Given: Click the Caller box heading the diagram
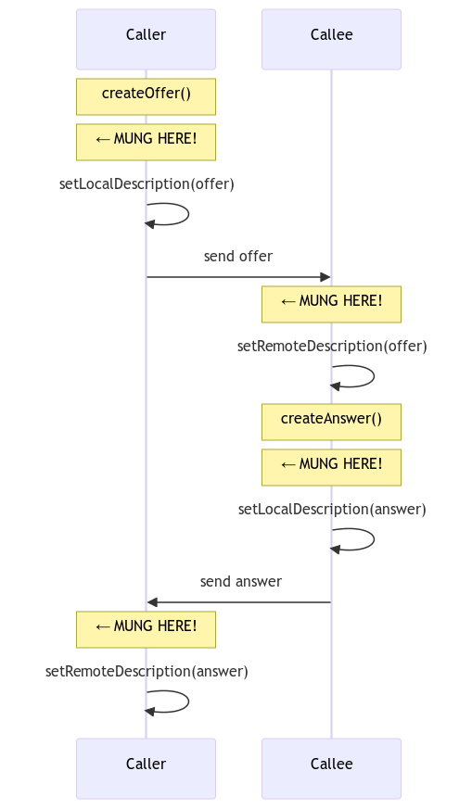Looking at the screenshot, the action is [147, 39].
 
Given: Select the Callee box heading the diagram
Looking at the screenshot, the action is [332, 39].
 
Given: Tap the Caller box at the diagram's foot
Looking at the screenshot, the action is [147, 768].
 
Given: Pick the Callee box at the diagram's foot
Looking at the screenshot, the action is [332, 768].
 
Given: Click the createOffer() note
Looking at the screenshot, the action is [147, 96].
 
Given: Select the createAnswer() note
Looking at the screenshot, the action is [332, 422].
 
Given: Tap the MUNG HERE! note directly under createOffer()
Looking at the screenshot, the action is [147, 142].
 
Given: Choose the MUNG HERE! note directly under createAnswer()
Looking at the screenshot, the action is [332, 467].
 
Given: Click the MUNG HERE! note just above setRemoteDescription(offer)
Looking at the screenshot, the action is [332, 304].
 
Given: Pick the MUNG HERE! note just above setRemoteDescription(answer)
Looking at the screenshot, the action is [147, 629].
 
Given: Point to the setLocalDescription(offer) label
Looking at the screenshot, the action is [147, 184].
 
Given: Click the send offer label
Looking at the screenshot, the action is [238, 257].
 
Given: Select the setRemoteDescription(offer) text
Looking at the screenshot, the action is [332, 347].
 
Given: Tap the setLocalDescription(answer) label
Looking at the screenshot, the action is [332, 510].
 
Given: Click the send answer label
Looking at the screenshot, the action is [241, 581].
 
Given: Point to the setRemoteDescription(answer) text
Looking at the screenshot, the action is [147, 672].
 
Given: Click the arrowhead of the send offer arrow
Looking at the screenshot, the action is [325, 277].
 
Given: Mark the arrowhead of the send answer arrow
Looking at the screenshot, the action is [152, 602].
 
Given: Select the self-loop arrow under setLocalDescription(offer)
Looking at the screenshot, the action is [188, 213].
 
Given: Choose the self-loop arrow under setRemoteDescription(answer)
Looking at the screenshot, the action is [188, 702].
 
